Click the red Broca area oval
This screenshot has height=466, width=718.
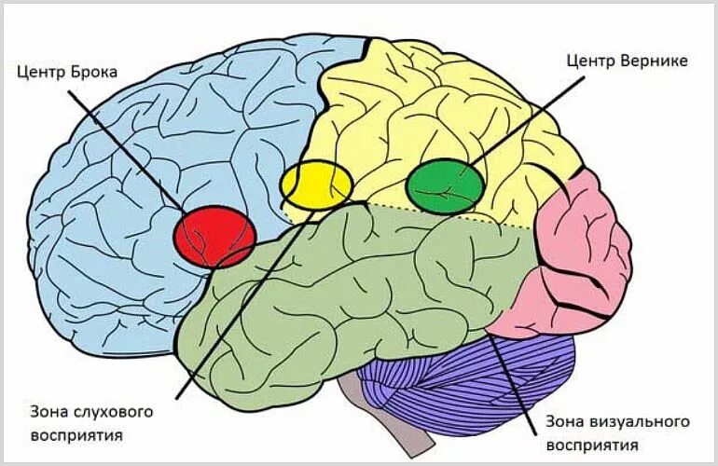coord(215,235)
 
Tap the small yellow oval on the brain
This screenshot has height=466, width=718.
coord(316,184)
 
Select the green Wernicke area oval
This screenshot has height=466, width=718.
coord(446,185)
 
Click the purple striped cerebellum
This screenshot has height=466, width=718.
coord(466,382)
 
